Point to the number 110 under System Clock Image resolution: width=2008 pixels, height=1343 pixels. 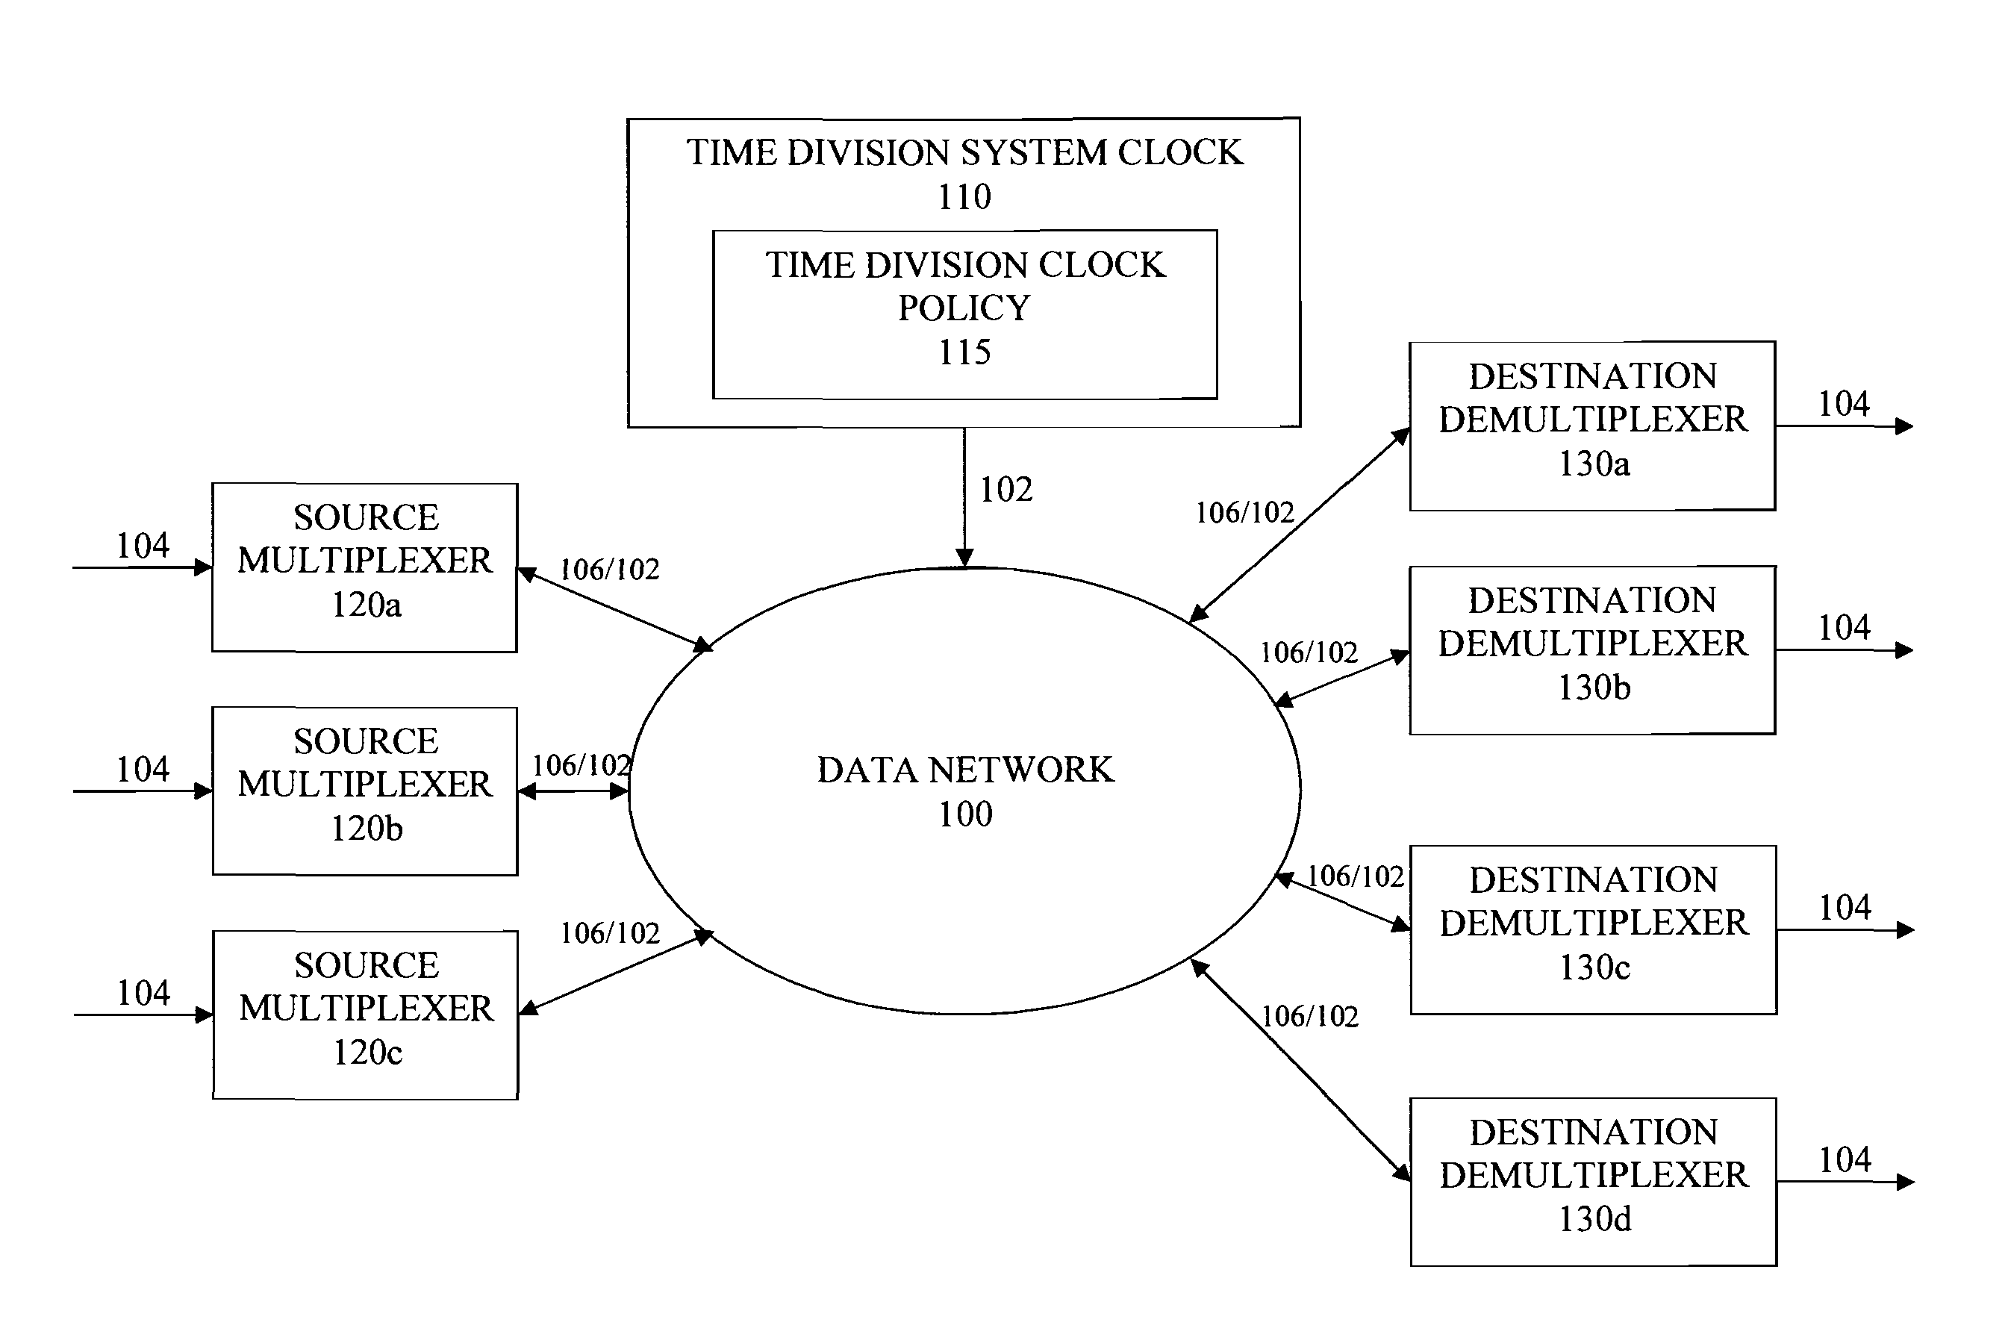tap(964, 197)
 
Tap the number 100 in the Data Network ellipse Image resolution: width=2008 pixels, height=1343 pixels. tap(965, 814)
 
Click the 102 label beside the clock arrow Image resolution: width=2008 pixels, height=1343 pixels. tap(1006, 490)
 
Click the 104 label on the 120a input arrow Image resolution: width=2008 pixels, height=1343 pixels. tap(143, 546)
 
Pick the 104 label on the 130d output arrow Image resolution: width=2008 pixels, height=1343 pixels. tap(1845, 1159)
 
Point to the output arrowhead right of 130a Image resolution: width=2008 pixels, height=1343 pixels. tap(1904, 426)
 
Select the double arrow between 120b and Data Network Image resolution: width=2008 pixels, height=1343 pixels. tap(574, 791)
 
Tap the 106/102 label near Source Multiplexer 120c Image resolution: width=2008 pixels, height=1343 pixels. tap(610, 932)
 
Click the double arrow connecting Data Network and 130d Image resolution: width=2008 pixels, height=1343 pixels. tap(1300, 1071)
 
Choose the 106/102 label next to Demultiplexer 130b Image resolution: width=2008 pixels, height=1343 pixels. tap(1309, 652)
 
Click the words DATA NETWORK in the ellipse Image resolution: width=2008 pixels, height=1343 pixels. tap(965, 770)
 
